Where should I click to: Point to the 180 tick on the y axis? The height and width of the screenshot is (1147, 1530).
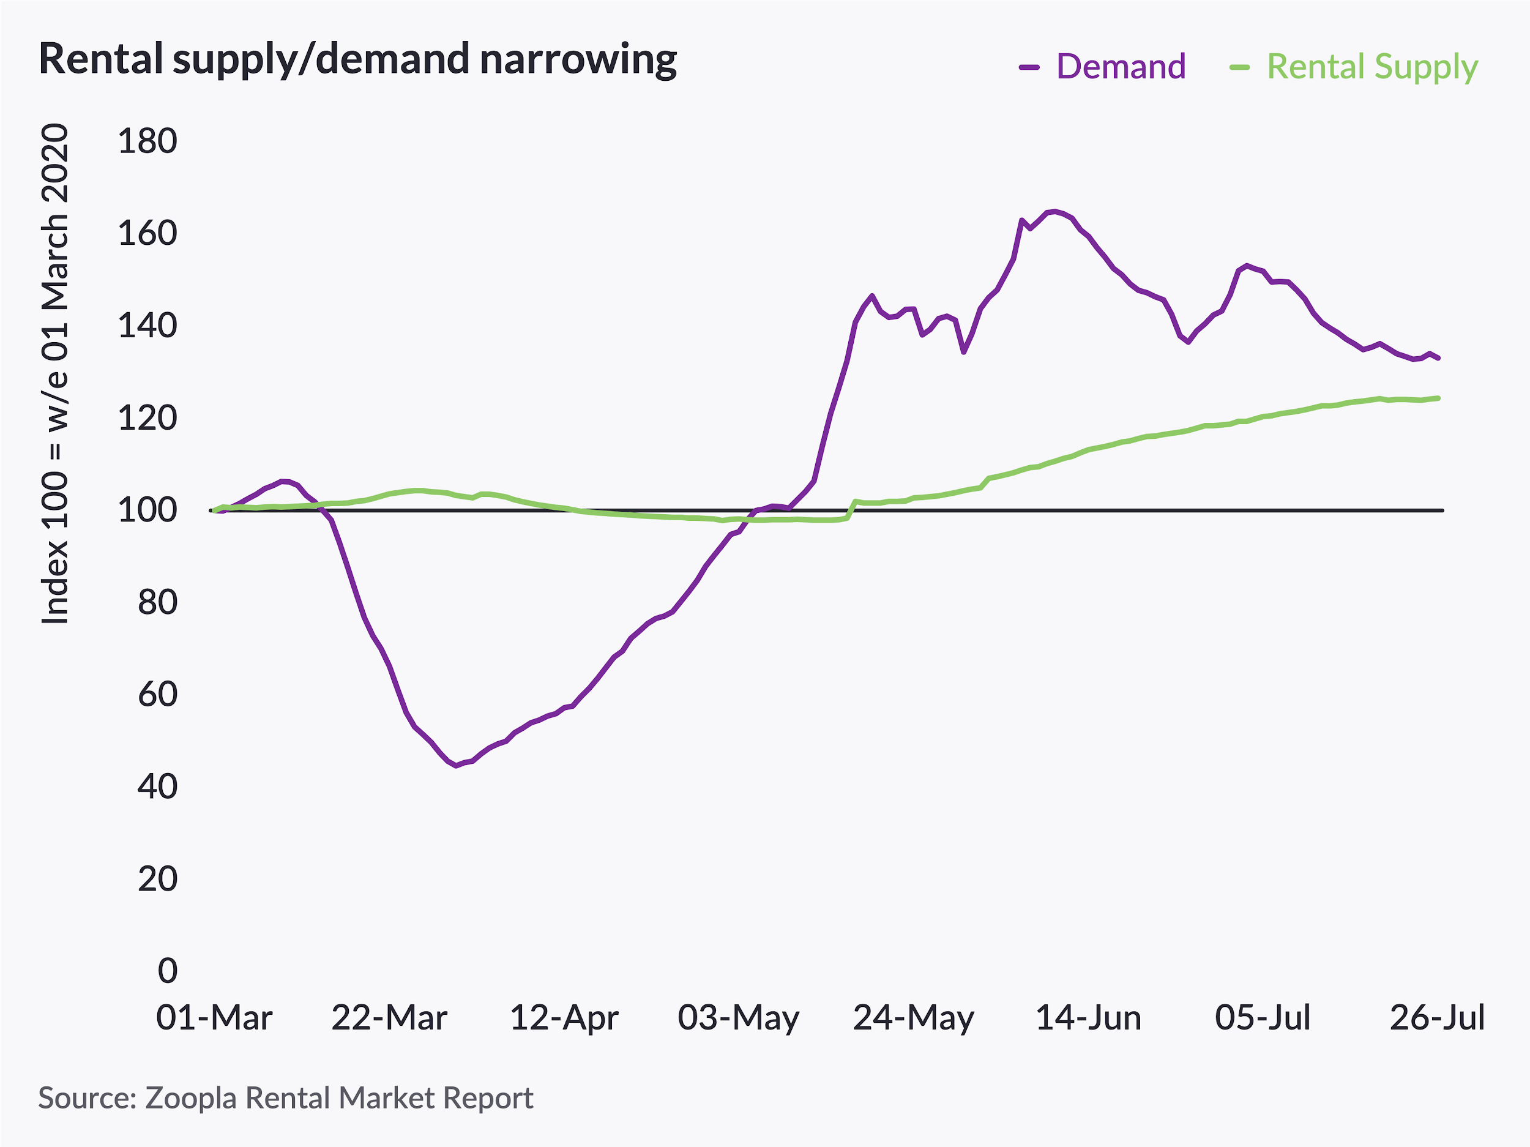tap(147, 141)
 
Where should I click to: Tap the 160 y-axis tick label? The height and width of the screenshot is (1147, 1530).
tap(147, 233)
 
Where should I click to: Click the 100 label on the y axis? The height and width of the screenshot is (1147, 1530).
tap(147, 510)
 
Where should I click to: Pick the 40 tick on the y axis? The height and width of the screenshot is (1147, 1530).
tap(157, 787)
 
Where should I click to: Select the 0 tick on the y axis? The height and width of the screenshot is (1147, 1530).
tap(168, 971)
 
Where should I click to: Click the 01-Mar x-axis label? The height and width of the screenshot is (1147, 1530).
tap(214, 1018)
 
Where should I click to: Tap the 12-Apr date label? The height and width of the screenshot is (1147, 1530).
tap(564, 1018)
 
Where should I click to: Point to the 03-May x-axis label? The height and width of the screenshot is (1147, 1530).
tap(738, 1018)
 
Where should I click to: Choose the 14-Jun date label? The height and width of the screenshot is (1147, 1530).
tap(1088, 1018)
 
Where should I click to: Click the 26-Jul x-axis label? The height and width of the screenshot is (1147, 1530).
tap(1438, 1018)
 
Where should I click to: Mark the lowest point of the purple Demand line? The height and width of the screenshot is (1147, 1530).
tap(456, 766)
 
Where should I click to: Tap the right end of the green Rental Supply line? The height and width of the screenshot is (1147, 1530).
tap(1439, 398)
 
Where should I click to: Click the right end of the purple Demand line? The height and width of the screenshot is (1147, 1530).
tap(1439, 358)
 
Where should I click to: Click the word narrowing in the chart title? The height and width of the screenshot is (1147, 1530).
tap(578, 59)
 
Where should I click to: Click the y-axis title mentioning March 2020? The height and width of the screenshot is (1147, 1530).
tap(55, 373)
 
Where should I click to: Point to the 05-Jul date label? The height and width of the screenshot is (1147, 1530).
tap(1263, 1018)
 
